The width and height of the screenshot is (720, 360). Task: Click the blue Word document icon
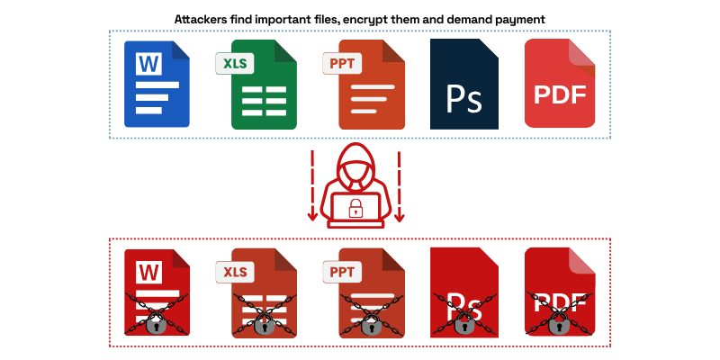(157, 84)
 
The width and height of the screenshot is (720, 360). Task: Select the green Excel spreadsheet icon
(264, 85)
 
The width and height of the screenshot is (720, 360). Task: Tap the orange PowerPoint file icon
(372, 85)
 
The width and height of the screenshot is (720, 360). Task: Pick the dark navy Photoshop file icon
(464, 84)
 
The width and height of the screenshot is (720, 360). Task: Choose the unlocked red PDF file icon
(560, 83)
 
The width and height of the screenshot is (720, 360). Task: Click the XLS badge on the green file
(235, 63)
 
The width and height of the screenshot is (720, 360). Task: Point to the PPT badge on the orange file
(342, 63)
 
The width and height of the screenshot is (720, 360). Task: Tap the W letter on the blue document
(148, 64)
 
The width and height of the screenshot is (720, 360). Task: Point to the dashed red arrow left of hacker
(312, 185)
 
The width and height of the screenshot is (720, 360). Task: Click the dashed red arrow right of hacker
(399, 185)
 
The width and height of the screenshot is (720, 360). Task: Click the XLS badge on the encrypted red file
(235, 272)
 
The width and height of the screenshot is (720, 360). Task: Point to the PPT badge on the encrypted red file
(342, 272)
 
